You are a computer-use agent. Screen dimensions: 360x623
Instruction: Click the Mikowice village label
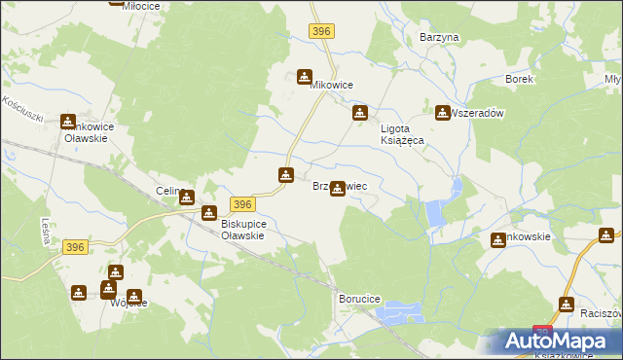(x=331, y=86)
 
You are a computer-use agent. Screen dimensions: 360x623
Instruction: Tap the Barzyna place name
(x=438, y=37)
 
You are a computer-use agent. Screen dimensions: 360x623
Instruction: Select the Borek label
(x=519, y=79)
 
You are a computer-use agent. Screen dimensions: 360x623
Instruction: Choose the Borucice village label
(x=359, y=298)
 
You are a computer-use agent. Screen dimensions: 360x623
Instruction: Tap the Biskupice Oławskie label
(x=230, y=230)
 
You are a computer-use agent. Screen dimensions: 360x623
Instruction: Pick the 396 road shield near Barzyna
(x=323, y=32)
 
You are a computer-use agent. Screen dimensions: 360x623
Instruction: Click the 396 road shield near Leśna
(x=77, y=248)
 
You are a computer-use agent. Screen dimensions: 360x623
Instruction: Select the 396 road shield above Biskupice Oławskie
(x=243, y=203)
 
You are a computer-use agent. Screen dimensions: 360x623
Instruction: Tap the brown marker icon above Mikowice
(x=305, y=76)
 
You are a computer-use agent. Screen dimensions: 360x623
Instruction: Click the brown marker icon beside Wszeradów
(x=443, y=113)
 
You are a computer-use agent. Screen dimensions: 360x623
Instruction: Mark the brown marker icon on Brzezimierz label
(x=338, y=188)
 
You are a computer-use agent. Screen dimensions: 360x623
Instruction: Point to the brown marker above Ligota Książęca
(x=359, y=113)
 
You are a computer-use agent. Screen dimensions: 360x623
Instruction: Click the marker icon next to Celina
(x=187, y=197)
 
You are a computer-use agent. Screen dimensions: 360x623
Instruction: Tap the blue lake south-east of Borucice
(x=402, y=312)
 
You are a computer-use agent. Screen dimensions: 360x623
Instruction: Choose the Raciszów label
(x=601, y=314)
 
